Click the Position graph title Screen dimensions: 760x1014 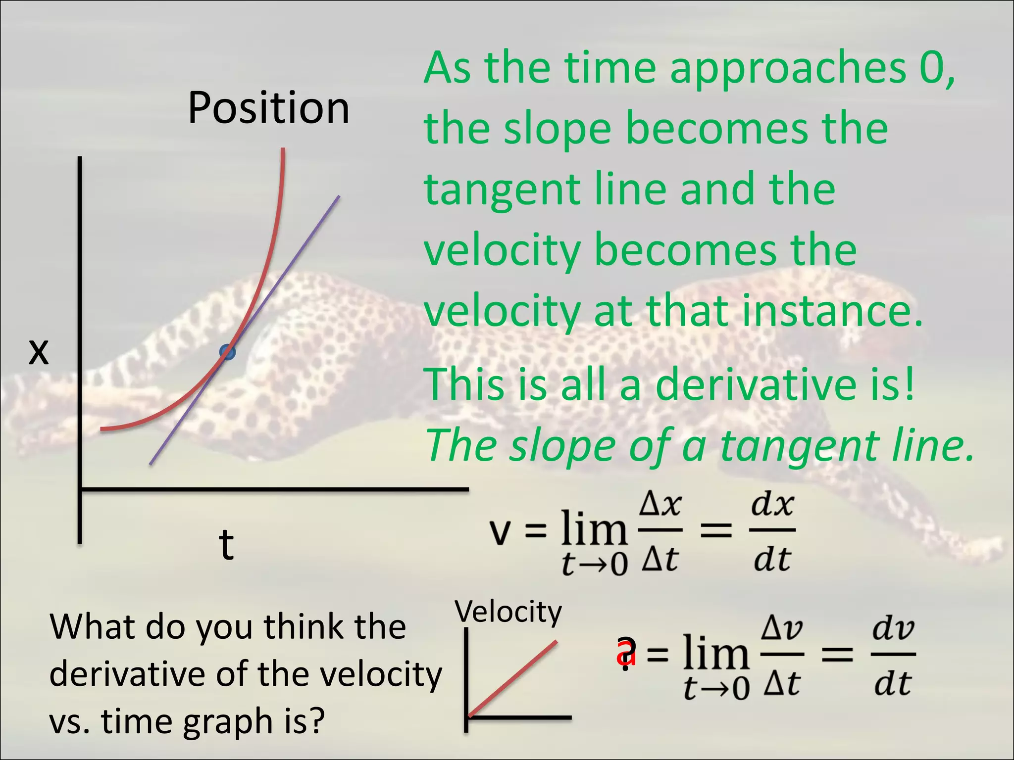pos(268,108)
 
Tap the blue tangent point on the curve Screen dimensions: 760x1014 pos(227,352)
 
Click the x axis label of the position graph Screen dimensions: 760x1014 pos(39,352)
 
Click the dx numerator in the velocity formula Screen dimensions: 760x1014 pos(772,505)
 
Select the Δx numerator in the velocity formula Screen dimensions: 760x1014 pos(660,505)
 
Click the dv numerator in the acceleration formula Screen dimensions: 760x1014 pos(893,629)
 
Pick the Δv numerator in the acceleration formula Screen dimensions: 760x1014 pos(782,629)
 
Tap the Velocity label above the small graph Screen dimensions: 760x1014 pos(508,612)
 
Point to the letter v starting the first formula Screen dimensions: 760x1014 pos(499,532)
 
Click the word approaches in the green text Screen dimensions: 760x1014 pos(788,69)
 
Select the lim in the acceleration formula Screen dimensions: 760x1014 pos(715,653)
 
